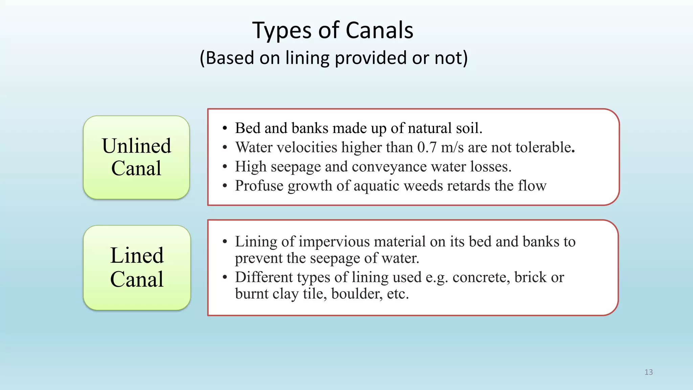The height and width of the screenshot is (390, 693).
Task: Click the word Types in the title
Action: point(282,31)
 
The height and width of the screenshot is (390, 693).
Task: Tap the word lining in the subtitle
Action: point(307,58)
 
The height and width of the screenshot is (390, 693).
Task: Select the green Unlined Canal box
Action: point(136,157)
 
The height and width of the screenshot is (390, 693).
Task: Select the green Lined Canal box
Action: point(137,267)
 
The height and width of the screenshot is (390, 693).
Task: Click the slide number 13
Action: point(648,372)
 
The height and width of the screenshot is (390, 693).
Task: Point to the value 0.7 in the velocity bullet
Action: point(427,148)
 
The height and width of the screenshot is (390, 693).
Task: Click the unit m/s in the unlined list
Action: point(452,148)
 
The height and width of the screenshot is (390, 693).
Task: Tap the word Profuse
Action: point(259,186)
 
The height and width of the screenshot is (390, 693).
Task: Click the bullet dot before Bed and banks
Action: point(225,129)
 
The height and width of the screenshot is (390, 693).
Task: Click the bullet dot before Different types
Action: point(225,278)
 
